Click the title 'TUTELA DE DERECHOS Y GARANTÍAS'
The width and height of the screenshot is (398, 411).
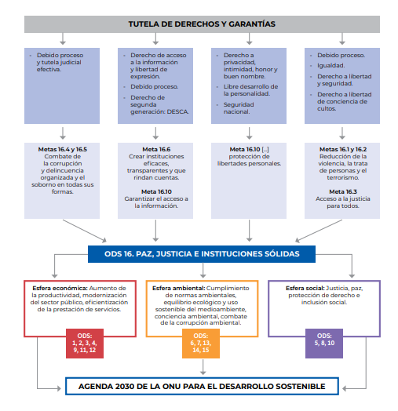tap(202, 24)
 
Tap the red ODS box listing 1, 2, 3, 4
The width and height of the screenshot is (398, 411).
tap(85, 344)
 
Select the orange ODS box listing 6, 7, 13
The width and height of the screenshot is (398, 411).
tap(201, 344)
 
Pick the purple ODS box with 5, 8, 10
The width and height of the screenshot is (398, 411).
tap(324, 344)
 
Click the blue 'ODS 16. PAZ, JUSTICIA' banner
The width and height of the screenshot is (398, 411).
tap(202, 254)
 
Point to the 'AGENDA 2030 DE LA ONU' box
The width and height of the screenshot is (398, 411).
tap(202, 386)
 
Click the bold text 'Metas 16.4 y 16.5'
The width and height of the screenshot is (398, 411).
tap(63, 149)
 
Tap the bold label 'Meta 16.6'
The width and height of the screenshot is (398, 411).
tap(156, 149)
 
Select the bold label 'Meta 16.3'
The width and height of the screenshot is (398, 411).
tap(343, 191)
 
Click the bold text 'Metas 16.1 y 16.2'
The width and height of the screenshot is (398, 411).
tap(343, 149)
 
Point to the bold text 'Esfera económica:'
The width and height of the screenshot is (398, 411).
tap(60, 288)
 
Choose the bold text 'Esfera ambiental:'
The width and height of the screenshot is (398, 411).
tap(179, 288)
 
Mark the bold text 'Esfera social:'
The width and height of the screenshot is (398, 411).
tap(305, 288)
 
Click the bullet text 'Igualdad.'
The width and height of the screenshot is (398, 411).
tap(330, 66)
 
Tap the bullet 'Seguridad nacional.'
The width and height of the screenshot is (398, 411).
tap(239, 108)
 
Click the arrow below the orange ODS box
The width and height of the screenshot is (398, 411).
tap(203, 367)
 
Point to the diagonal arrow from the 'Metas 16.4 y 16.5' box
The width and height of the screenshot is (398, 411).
tap(85, 231)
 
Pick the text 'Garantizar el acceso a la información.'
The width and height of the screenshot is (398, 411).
tap(156, 202)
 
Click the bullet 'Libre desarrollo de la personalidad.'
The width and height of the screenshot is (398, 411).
tap(250, 90)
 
